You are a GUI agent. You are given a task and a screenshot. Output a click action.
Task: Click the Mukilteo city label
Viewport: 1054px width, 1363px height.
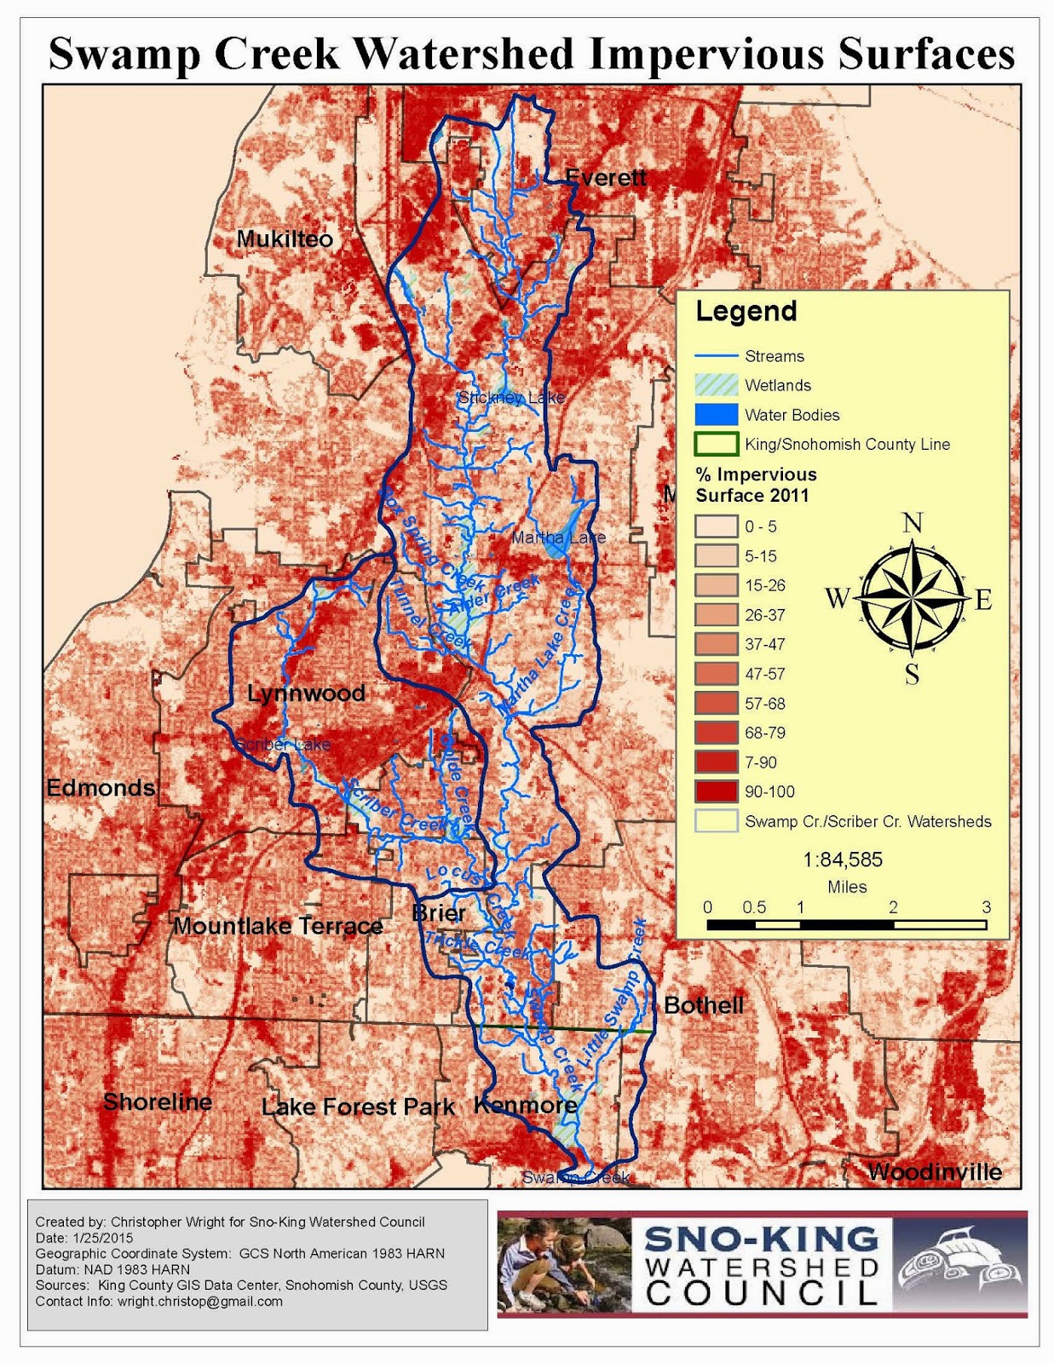[x=285, y=239]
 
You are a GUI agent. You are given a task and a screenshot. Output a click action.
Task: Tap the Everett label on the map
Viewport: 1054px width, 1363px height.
[x=606, y=178]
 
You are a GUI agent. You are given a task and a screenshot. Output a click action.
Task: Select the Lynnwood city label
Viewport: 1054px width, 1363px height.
[x=306, y=693]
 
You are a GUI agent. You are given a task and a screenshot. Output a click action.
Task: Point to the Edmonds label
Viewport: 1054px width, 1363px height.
[x=101, y=788]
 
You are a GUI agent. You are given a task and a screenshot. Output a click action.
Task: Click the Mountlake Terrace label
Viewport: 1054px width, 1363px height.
[x=278, y=926]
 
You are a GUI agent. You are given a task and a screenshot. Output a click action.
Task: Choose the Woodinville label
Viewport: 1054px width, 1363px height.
[x=935, y=1172]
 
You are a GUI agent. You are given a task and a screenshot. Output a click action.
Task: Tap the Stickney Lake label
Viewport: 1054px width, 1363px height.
[x=511, y=398]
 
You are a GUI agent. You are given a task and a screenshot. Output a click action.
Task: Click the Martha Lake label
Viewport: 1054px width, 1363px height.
[x=558, y=538]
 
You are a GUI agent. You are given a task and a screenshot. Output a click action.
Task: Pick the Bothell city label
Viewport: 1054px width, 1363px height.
[x=703, y=1005]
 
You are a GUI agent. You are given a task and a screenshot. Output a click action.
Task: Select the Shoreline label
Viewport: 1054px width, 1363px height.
[x=158, y=1102]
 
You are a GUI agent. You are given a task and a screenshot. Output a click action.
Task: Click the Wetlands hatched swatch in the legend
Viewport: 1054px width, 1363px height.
[x=716, y=385]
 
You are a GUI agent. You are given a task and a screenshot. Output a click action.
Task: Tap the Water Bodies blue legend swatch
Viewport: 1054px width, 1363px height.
[x=716, y=415]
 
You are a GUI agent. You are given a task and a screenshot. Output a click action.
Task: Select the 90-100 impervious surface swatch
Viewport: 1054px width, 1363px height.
[x=716, y=791]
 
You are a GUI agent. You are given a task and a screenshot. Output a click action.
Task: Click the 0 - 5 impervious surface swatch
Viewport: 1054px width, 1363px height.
[x=716, y=526]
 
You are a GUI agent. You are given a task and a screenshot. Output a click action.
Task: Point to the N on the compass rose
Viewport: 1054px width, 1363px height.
[x=913, y=522]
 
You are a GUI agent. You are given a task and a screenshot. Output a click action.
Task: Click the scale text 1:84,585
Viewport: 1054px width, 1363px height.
[x=843, y=860]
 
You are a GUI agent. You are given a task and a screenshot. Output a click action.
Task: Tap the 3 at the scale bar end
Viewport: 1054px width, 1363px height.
[x=986, y=907]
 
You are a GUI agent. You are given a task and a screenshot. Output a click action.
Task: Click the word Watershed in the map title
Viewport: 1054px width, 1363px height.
[x=463, y=54]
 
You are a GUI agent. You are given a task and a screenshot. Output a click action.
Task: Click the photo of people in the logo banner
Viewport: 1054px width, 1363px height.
[x=564, y=1264]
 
